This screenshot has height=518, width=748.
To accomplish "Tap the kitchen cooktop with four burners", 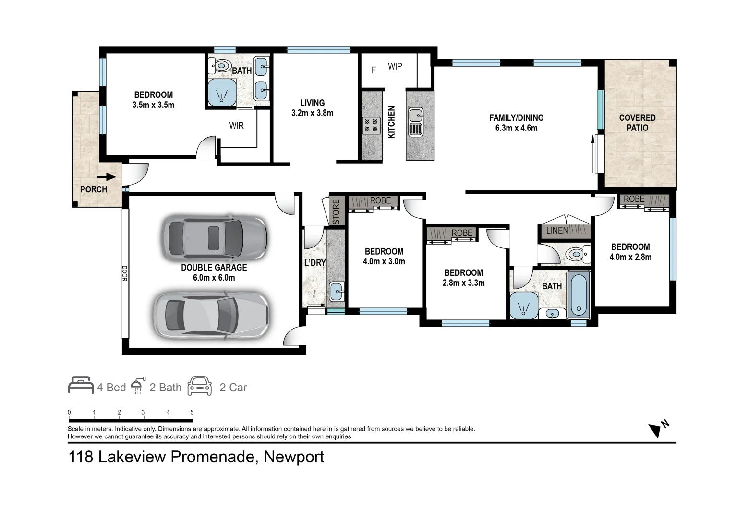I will click(371, 125).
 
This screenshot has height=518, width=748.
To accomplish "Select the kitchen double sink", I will click(416, 122).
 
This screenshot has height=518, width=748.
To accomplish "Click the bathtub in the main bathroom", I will click(579, 294).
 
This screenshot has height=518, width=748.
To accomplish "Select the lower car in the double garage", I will click(211, 314).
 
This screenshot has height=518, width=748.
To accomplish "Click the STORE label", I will click(336, 211).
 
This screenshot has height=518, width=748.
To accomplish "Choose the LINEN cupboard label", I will click(557, 231).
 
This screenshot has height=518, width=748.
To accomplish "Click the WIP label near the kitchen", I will click(395, 67).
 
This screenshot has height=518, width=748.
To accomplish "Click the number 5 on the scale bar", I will click(192, 412).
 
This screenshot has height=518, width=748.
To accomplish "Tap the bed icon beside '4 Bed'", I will click(81, 385).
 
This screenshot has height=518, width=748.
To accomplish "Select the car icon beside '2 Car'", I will click(200, 386).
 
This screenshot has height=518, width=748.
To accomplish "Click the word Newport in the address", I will click(294, 457).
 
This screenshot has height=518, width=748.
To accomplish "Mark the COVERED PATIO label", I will click(637, 123).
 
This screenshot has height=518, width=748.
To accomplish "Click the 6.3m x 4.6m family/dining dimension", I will click(516, 128).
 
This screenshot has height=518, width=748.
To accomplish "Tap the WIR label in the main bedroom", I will click(236, 126).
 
